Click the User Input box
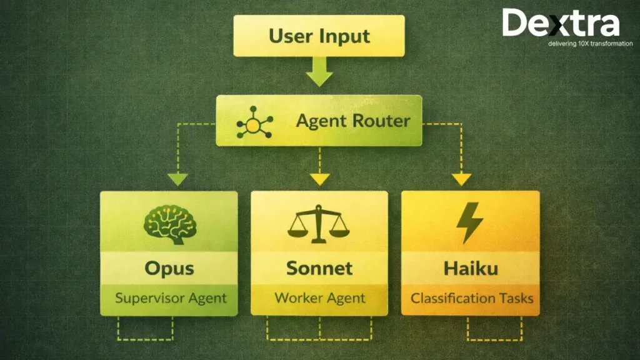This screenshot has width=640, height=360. [319, 36]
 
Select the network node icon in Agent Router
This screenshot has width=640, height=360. [254, 124]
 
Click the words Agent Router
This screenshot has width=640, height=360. [352, 121]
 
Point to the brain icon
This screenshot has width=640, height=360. [169, 222]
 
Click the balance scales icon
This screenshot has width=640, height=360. [319, 221]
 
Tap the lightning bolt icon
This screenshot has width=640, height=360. [469, 222]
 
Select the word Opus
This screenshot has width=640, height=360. [169, 269]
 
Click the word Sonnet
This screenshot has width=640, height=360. [319, 269]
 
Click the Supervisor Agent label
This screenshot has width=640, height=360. [170, 297]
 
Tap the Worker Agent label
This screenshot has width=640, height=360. [319, 297]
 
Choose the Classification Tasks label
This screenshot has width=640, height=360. [472, 297]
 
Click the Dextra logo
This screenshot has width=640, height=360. [561, 24]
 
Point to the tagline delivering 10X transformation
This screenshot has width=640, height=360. [590, 44]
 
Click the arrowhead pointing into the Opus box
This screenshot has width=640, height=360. [177, 179]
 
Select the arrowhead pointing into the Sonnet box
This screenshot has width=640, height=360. [320, 179]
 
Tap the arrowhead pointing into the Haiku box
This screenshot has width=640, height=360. [461, 179]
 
